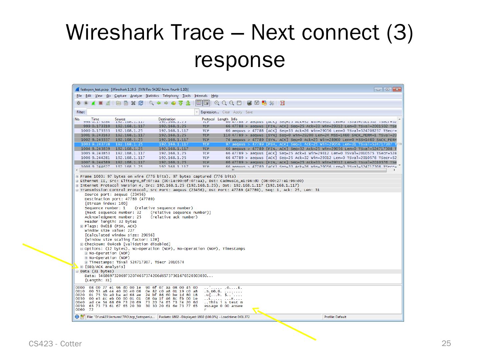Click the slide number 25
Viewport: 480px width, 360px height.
[446, 343]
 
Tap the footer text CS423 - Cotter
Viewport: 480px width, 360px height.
[55, 344]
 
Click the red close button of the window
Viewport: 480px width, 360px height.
[396, 89]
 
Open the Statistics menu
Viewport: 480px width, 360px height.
[152, 96]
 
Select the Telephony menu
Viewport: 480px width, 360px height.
[170, 96]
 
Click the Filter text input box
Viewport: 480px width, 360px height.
[140, 112]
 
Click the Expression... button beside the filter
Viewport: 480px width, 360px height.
[210, 112]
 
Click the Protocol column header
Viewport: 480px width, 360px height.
[208, 119]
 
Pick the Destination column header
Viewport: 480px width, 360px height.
[167, 119]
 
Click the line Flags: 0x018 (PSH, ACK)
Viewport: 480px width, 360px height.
[110, 226]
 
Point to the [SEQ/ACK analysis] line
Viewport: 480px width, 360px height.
[105, 267]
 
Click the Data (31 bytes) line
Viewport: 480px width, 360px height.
[97, 271]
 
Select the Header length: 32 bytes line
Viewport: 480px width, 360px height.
[110, 222]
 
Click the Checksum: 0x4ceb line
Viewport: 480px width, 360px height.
[127, 244]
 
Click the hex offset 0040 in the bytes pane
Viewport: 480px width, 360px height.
[80, 302]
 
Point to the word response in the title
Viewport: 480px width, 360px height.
[239, 60]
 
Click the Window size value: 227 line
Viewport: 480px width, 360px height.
[109, 231]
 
